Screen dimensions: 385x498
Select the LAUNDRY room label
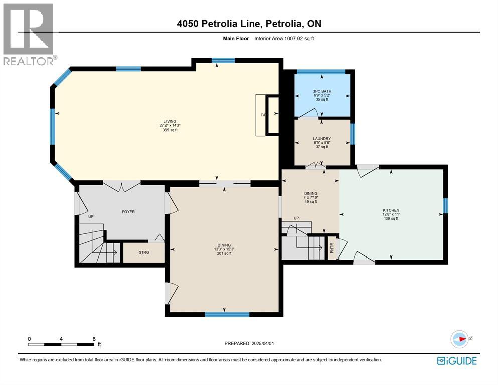pos(321,139)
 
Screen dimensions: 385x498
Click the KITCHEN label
pos(390,210)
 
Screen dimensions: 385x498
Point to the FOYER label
pos(128,212)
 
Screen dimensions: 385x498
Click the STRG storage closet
pos(144,253)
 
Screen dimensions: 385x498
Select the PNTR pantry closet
pos(332,247)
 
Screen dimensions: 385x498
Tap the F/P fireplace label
pos(263,115)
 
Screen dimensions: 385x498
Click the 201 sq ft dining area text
pos(224,254)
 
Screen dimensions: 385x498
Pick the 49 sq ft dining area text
pos(311,202)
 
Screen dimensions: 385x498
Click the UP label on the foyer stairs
pos(91,217)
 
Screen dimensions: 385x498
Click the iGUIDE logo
pos(456,361)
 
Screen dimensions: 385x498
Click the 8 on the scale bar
pos(94,339)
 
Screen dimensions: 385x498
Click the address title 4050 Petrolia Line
pos(249,24)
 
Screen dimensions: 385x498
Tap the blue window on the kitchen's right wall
pos(445,205)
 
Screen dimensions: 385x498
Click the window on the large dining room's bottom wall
pos(227,315)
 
